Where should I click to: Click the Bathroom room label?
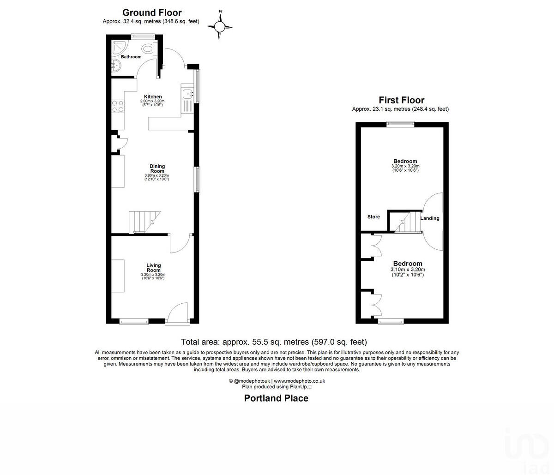[x=131, y=57]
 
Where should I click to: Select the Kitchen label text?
[x=152, y=96]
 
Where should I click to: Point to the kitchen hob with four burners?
[x=117, y=107]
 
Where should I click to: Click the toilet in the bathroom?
[x=148, y=48]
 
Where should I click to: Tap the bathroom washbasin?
[x=115, y=67]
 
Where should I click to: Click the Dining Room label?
[x=157, y=168]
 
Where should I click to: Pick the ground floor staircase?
[x=144, y=222]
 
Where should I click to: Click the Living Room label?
[x=153, y=268]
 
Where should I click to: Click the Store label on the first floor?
[x=373, y=217]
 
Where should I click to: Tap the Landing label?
[x=430, y=218]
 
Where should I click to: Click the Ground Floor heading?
[x=151, y=12]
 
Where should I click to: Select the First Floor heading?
[x=401, y=100]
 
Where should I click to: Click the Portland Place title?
[x=276, y=398]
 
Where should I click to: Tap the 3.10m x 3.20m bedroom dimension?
[x=408, y=270]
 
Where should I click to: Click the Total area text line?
[x=274, y=342]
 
